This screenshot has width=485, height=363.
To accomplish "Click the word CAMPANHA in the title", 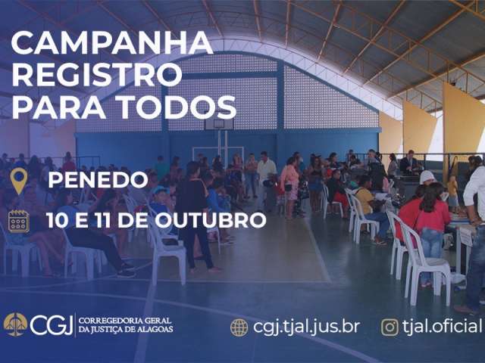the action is (112, 43).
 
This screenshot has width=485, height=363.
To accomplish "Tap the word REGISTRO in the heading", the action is (97, 74).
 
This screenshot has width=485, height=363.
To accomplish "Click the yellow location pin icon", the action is (19, 181).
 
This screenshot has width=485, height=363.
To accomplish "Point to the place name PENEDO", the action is (98, 180).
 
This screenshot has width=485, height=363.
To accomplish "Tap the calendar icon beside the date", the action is (19, 221).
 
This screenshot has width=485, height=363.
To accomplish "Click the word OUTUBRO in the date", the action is (211, 220).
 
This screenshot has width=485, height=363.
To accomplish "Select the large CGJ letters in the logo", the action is (52, 324).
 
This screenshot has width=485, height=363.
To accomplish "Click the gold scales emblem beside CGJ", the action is (15, 324).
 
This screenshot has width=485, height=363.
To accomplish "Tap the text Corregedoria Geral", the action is (124, 320).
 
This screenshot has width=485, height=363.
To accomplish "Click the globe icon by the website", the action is (239, 327).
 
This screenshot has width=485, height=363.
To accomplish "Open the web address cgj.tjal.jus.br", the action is (306, 327).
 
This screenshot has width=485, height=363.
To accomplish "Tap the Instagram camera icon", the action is (390, 327).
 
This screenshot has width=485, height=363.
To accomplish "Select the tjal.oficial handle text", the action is (443, 326).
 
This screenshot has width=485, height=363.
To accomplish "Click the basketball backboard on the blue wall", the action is (219, 124).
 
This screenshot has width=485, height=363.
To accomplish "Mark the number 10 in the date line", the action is (56, 220).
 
